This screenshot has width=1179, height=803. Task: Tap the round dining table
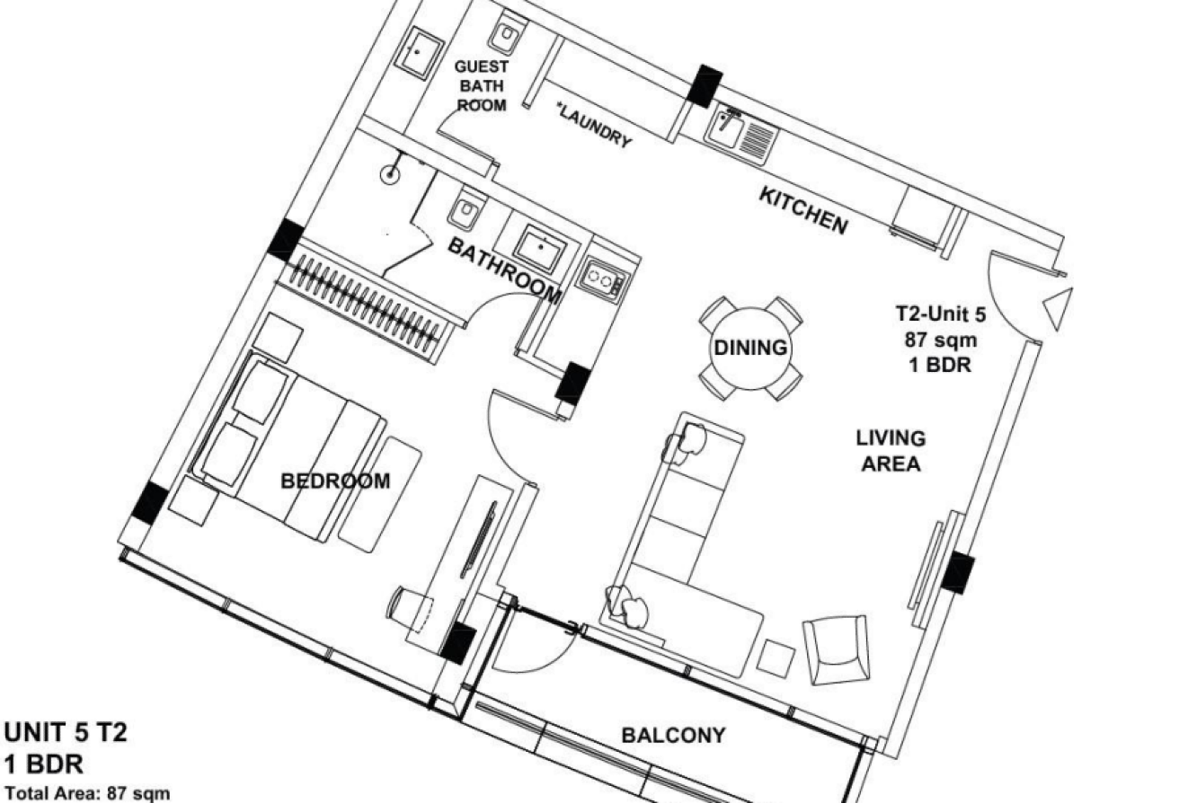pos(750,349)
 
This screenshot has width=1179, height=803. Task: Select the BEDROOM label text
pos(335,481)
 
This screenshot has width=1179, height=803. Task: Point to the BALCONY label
pos(673,735)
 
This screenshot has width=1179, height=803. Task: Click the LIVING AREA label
pos(891,451)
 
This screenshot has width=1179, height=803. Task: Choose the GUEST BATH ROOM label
pos(482,85)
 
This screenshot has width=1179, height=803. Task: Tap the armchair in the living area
pos(837,650)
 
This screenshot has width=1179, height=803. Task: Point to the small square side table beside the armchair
pos(776,657)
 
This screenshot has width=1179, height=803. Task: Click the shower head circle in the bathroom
pos(391,173)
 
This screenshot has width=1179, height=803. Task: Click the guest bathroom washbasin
pos(420,52)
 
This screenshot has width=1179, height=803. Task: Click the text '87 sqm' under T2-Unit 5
pos(941,340)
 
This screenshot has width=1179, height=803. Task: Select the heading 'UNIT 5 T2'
pos(66,732)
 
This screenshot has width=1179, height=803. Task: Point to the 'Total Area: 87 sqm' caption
pos(87,793)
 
